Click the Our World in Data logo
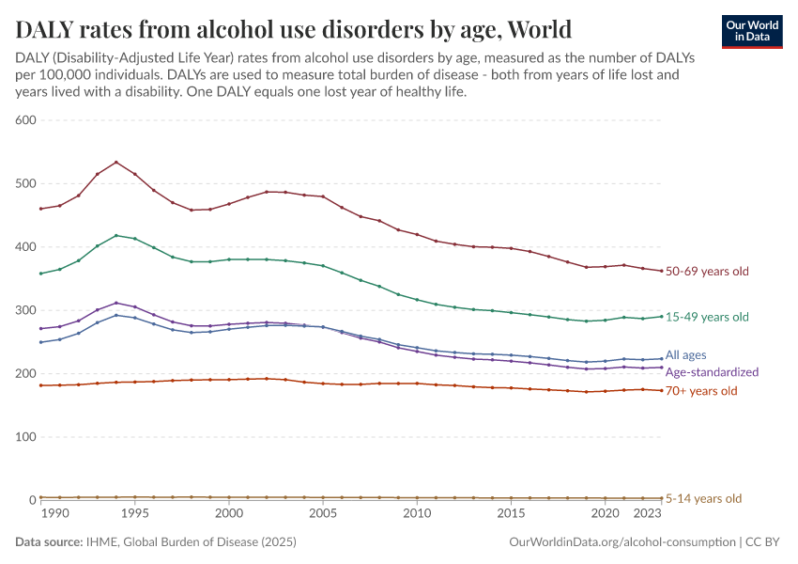coord(751,31)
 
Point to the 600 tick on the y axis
coord(24,120)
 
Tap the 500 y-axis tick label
coord(24,183)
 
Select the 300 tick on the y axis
coord(24,310)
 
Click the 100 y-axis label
coord(24,437)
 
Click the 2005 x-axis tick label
coord(323,514)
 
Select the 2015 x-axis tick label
coord(511,514)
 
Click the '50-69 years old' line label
coord(707,272)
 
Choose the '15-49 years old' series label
coord(707,317)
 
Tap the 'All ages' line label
coord(685,355)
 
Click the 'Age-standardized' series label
coord(712,372)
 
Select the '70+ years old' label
coord(702,391)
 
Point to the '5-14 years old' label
coord(703,499)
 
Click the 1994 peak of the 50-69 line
coord(116,162)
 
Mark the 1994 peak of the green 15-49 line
coord(116,235)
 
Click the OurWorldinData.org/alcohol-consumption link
coord(622,542)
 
